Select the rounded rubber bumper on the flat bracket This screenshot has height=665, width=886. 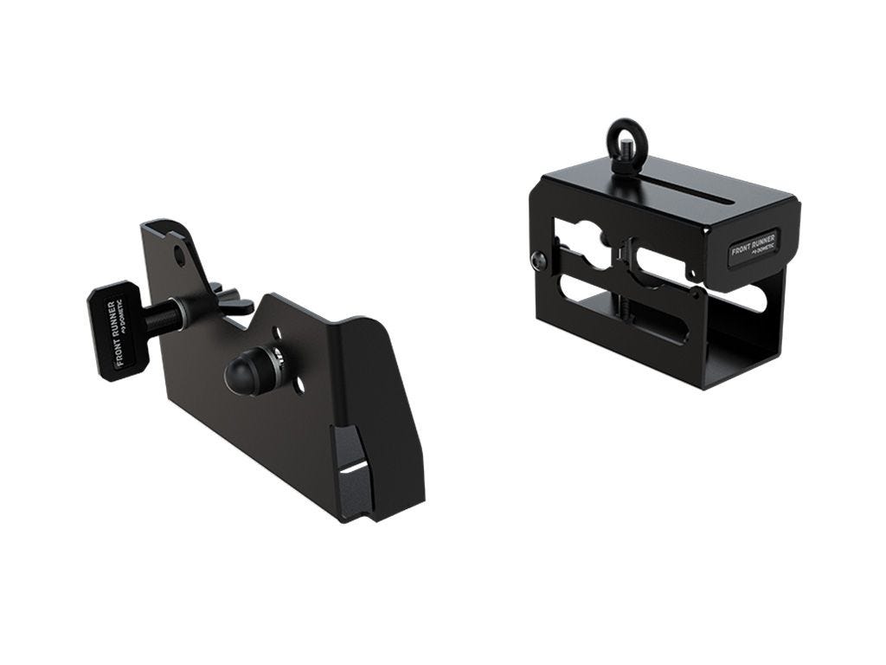(x=240, y=372)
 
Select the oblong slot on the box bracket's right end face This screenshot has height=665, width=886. (x=752, y=299)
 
